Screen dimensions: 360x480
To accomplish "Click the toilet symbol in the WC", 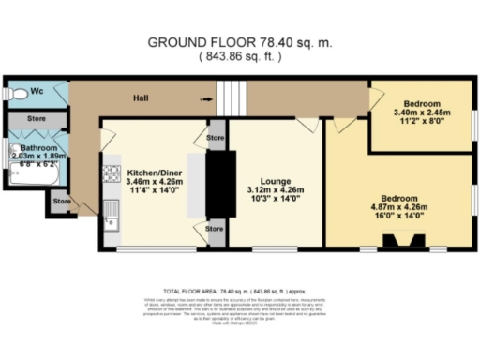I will point(12,94).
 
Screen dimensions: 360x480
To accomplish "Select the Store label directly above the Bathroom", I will point(37,119).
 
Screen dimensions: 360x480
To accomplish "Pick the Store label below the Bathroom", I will point(61,201).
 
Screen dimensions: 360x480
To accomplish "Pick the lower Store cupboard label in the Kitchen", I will point(215,228).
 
